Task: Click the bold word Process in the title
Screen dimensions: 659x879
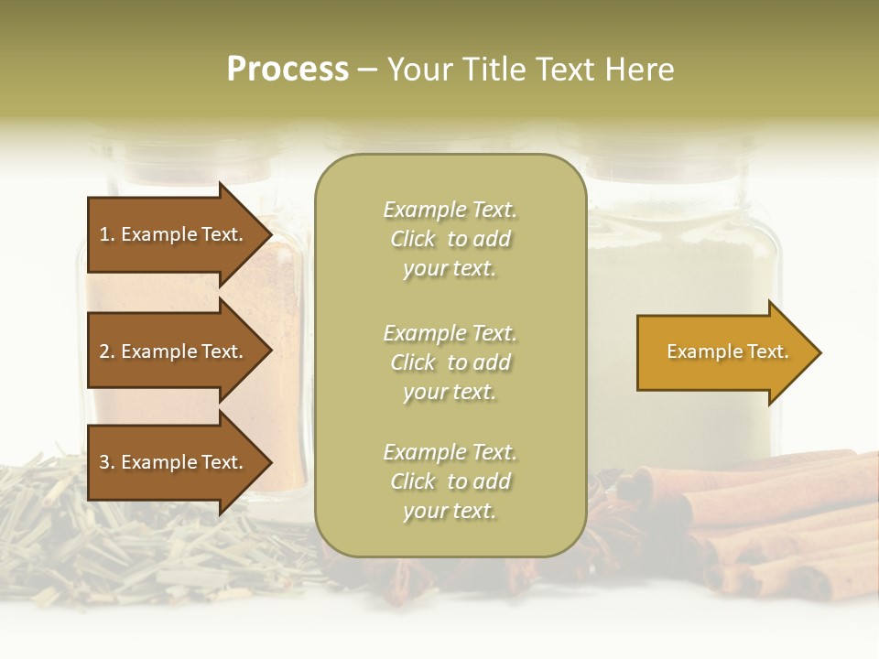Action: pyautogui.click(x=288, y=70)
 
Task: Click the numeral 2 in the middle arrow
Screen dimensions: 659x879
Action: pyautogui.click(x=104, y=351)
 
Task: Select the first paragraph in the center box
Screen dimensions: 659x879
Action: pyautogui.click(x=450, y=239)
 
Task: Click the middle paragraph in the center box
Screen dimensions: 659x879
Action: pyautogui.click(x=450, y=362)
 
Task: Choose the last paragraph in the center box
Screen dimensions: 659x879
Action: pyautogui.click(x=450, y=481)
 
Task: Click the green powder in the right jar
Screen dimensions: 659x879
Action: pyautogui.click(x=687, y=265)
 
